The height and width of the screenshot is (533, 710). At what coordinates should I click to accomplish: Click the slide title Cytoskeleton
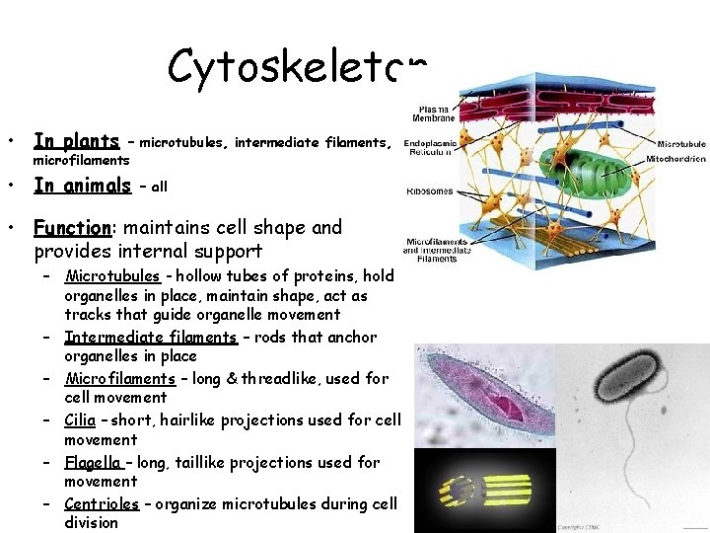(296, 67)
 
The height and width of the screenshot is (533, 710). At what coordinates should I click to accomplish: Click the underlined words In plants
(76, 141)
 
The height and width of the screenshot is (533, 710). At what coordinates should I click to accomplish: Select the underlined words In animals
(82, 185)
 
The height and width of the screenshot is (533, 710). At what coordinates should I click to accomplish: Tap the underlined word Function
(71, 228)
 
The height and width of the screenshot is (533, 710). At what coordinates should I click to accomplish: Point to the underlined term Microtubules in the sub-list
(111, 275)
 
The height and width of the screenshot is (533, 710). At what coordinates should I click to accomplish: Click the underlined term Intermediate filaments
(151, 337)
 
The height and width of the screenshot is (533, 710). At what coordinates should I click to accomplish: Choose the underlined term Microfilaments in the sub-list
(119, 378)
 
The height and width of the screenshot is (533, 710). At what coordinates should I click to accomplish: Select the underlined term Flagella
(93, 462)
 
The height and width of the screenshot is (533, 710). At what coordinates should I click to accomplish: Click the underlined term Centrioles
(101, 503)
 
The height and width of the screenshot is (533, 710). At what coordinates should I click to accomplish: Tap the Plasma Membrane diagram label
(436, 114)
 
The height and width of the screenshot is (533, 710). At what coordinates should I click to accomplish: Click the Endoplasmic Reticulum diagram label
(434, 146)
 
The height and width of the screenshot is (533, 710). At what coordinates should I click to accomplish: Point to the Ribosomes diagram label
(429, 191)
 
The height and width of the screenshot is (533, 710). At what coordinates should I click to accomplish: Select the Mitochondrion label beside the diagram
(675, 159)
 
